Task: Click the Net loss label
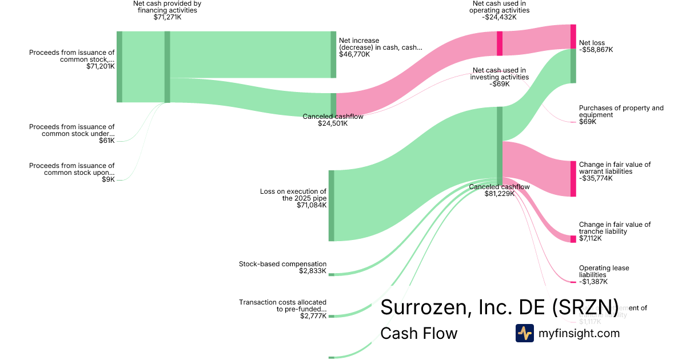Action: click(x=591, y=43)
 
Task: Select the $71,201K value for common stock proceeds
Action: click(x=101, y=66)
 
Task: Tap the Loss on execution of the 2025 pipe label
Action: click(x=293, y=195)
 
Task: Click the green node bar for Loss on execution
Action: click(x=331, y=205)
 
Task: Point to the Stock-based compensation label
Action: click(x=282, y=264)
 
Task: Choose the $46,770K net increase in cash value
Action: click(x=354, y=55)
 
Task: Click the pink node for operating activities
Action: click(x=499, y=43)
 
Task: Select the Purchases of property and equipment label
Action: click(x=621, y=111)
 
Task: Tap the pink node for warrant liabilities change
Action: click(x=573, y=179)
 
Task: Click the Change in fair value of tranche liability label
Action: click(x=615, y=228)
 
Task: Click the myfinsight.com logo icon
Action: click(x=524, y=333)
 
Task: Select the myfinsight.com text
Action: click(x=579, y=333)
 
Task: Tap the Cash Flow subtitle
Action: click(x=419, y=334)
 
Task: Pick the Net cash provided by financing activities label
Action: click(x=167, y=6)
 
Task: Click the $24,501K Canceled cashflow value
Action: click(x=333, y=123)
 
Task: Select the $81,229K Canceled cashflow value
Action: click(x=499, y=194)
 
